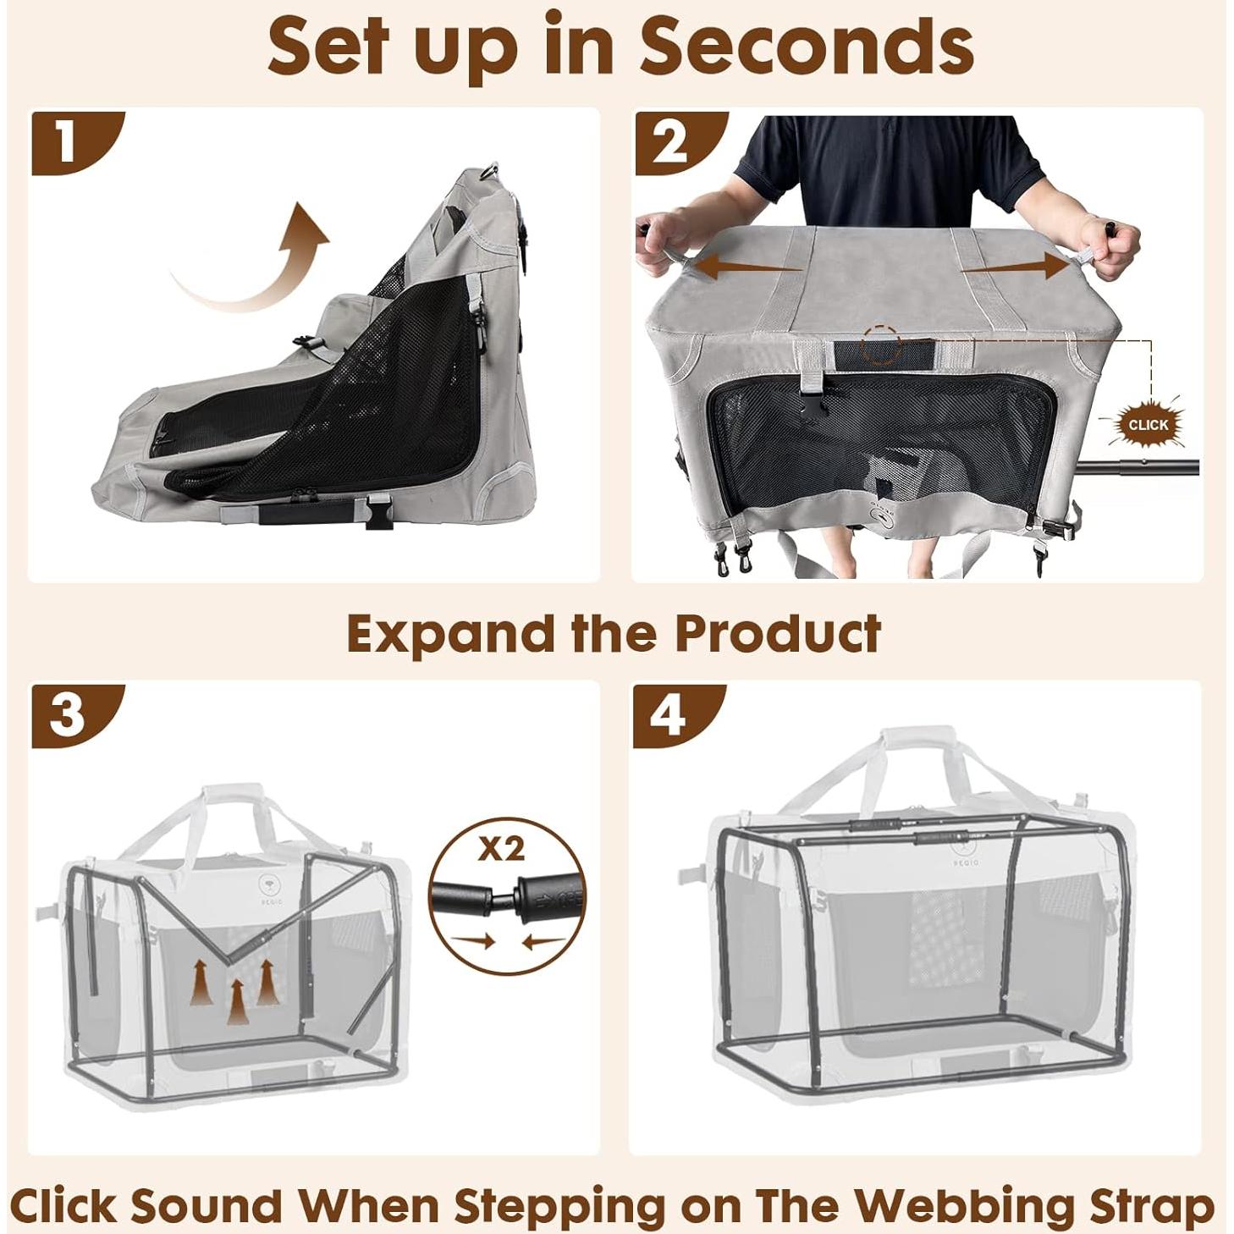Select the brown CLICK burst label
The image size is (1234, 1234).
click(1149, 424)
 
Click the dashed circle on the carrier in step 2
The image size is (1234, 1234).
click(882, 346)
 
